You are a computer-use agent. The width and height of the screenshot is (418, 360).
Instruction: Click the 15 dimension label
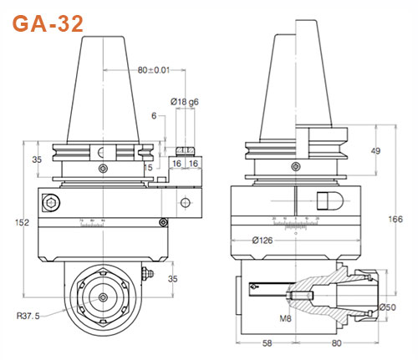coord(148,167)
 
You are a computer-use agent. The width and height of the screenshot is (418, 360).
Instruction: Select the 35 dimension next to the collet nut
coord(173,279)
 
